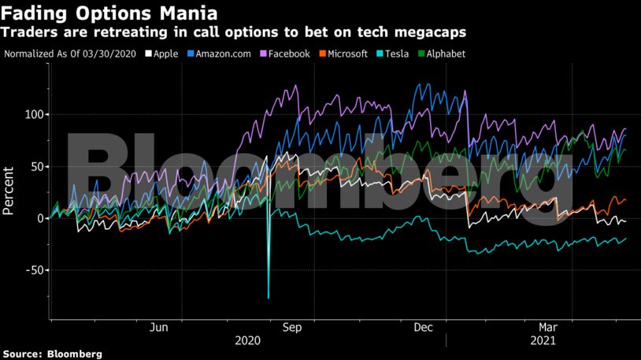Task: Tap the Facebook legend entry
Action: [x=293, y=54]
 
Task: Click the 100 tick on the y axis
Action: [x=36, y=114]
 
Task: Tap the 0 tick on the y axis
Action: [x=42, y=218]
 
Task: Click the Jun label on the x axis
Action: [x=158, y=328]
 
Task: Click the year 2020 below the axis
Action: [x=248, y=342]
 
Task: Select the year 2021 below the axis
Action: [x=543, y=342]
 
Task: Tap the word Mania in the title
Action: [x=187, y=13]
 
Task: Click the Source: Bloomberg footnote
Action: [x=52, y=354]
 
